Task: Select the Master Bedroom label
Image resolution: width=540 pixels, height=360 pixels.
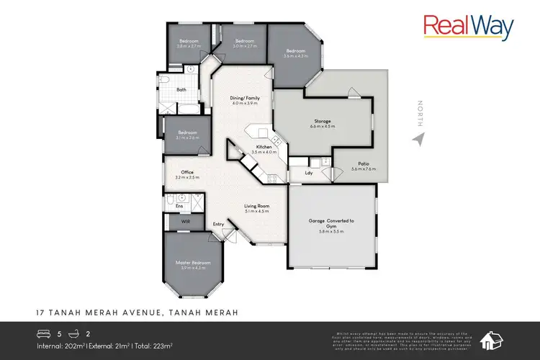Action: click(x=192, y=264)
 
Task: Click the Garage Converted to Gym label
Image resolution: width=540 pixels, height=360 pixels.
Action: click(x=332, y=222)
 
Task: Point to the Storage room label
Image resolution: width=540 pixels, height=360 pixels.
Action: click(x=321, y=122)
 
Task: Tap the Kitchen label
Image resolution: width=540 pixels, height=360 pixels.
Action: click(x=264, y=147)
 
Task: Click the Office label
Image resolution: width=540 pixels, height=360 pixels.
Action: click(x=186, y=172)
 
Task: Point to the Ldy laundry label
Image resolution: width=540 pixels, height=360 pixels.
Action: click(x=308, y=173)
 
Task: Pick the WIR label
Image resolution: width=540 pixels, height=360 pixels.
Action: click(x=185, y=222)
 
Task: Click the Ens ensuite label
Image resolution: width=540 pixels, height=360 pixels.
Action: click(x=179, y=206)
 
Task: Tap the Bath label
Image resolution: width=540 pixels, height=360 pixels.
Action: click(x=181, y=89)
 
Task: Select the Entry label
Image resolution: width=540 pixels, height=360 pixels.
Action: click(x=218, y=224)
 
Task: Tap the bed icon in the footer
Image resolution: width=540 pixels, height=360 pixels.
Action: click(x=43, y=334)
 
